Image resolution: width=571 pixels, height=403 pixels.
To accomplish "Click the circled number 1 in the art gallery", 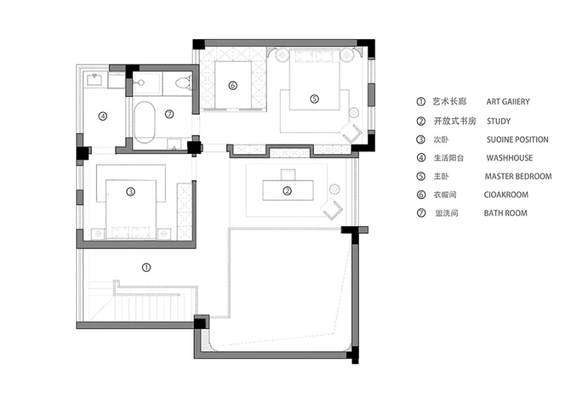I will point(146,267).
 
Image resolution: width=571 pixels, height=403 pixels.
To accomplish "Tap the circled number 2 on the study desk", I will point(287,190).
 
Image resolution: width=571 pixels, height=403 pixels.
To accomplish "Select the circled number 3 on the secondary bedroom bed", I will point(131,191).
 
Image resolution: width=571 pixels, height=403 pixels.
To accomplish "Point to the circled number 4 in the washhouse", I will point(103,116).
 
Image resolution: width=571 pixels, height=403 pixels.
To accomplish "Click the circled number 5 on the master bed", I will point(314,98).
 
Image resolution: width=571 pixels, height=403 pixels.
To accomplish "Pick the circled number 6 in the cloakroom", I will point(232,86).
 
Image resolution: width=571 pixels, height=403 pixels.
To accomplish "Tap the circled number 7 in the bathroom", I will point(169,113).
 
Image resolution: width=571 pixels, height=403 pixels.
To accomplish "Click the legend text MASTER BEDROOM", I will point(518,176).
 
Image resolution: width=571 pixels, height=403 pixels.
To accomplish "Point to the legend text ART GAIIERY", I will point(508,102).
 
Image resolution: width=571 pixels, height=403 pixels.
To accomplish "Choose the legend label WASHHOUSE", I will point(510,158).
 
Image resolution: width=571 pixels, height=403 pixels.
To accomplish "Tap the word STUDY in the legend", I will point(498,121).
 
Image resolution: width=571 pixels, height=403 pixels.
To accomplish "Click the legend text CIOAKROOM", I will point(507,195).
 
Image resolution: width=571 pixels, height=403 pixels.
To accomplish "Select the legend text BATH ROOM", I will point(506,213).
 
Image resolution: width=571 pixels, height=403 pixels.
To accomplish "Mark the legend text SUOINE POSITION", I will point(517,139).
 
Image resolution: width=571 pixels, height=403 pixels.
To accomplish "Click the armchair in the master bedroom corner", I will point(351,133).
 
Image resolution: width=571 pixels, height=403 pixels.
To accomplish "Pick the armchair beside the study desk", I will point(332,208).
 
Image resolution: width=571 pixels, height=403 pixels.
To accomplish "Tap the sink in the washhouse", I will point(95,78).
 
